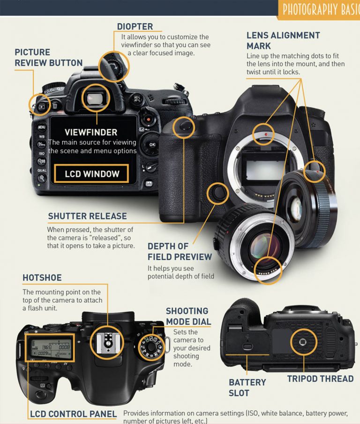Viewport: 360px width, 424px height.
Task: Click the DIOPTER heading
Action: click(x=135, y=26)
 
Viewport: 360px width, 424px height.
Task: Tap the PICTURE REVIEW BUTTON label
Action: click(x=48, y=57)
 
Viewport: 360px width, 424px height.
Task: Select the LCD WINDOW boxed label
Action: click(x=91, y=174)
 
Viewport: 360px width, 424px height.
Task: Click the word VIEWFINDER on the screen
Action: click(x=91, y=132)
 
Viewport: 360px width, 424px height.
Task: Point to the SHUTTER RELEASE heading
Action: click(x=87, y=216)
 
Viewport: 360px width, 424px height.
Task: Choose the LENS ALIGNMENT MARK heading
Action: click(x=283, y=40)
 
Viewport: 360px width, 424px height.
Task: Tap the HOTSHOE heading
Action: click(x=42, y=278)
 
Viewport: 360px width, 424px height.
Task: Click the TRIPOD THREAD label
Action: click(x=320, y=379)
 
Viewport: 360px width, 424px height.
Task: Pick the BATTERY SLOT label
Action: click(x=247, y=387)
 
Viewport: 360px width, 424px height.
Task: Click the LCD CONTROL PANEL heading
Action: click(x=73, y=414)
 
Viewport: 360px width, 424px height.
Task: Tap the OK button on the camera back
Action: click(x=152, y=144)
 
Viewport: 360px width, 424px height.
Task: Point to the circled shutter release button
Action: click(x=183, y=126)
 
